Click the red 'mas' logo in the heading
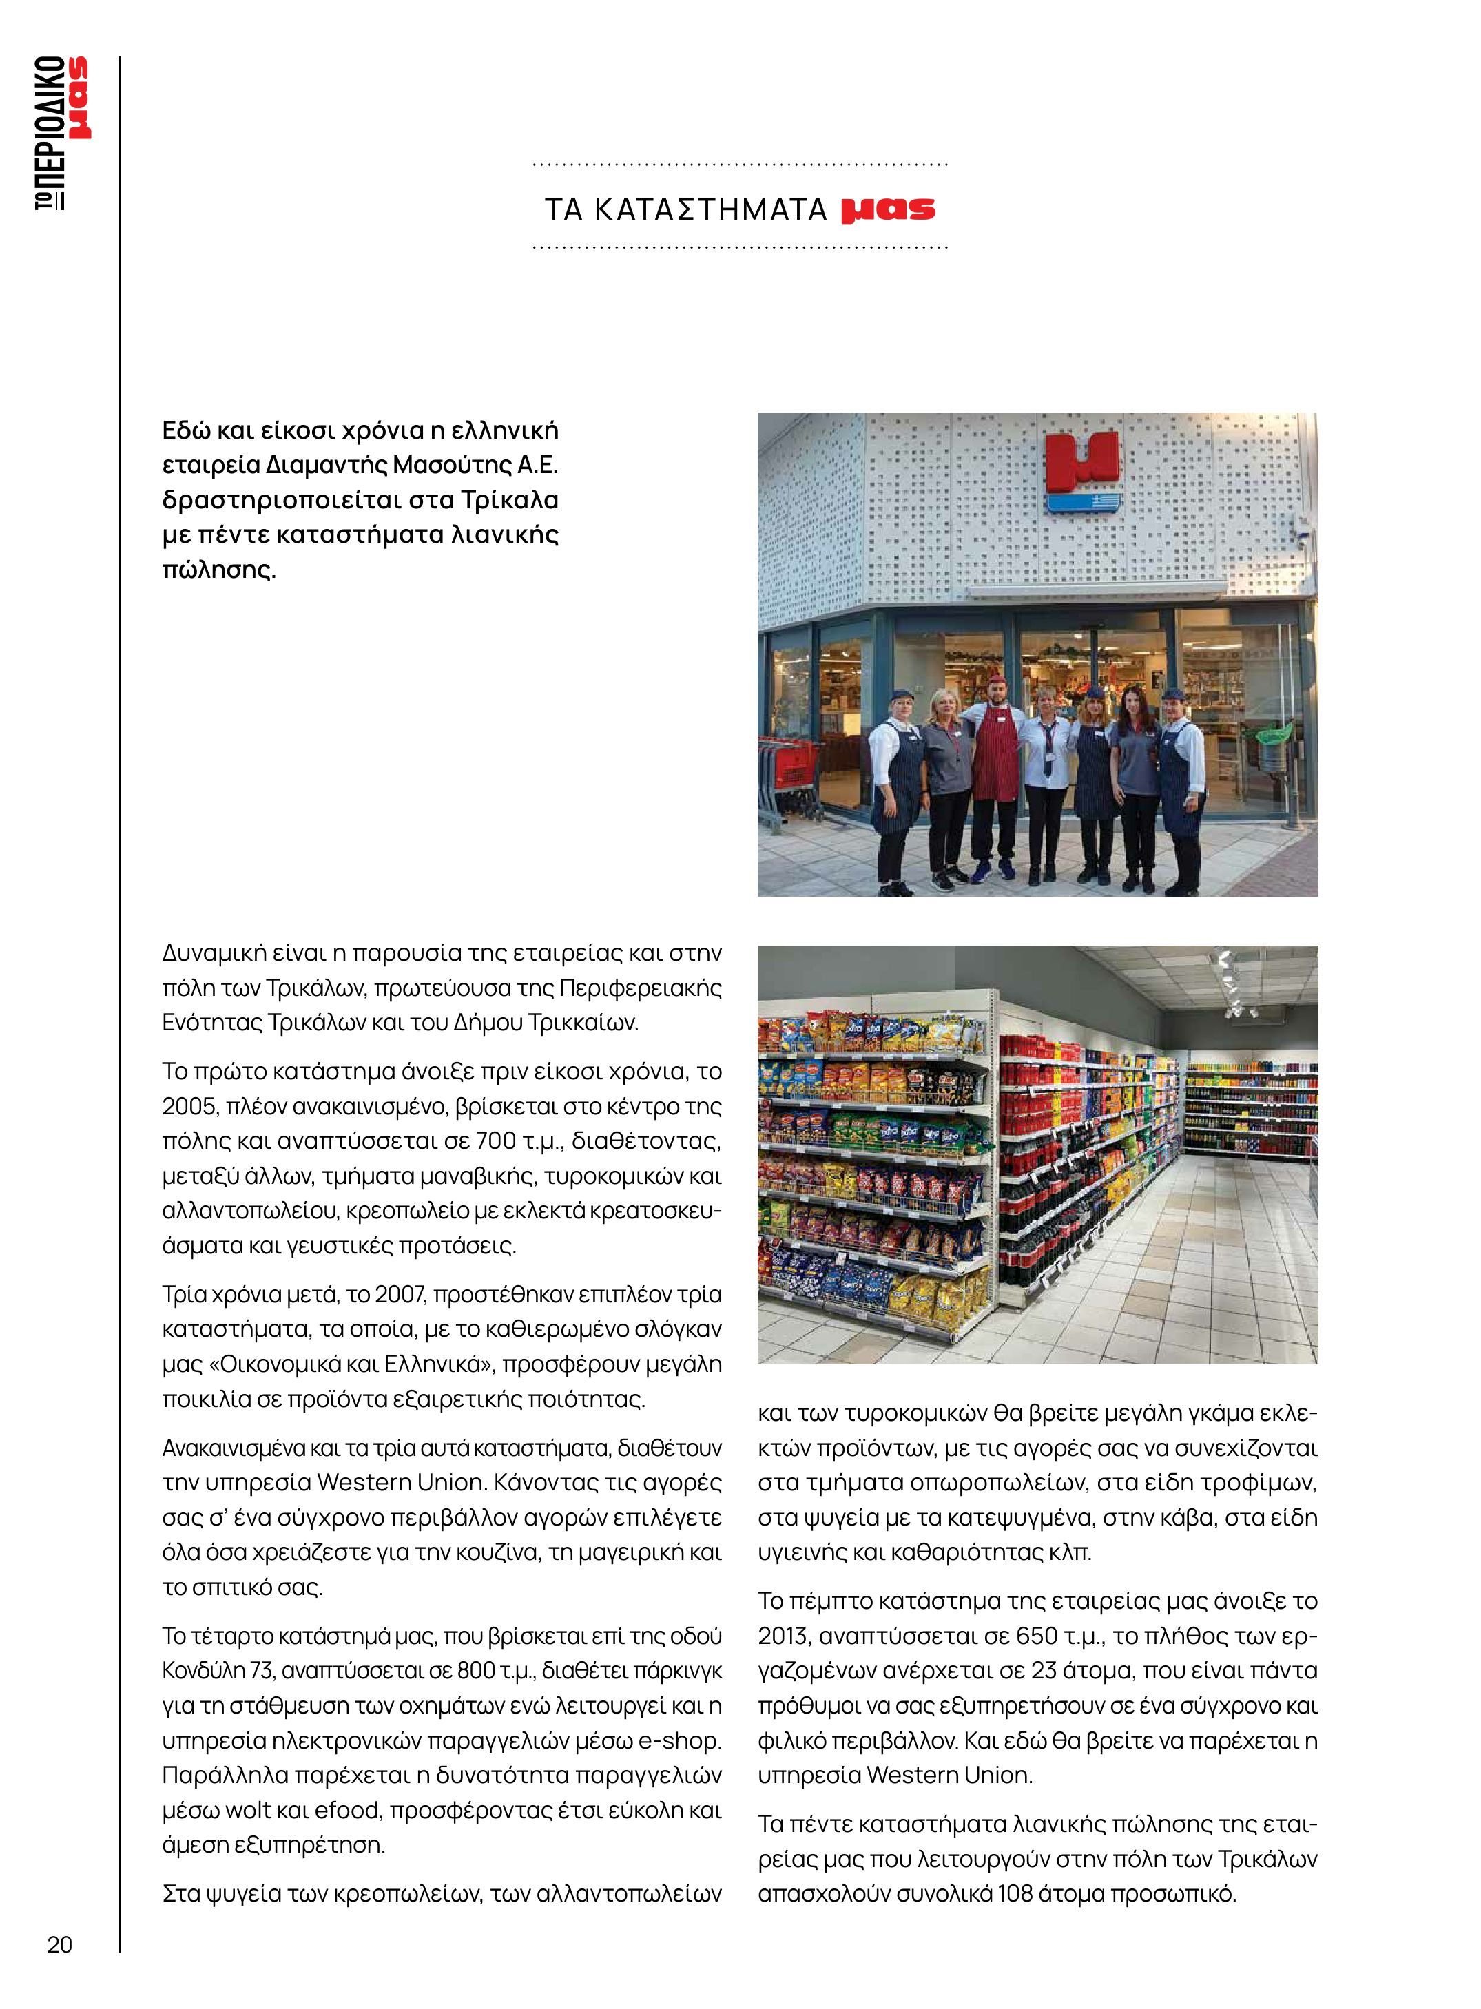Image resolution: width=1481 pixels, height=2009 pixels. [x=887, y=209]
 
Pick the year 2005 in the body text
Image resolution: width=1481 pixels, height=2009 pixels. [x=185, y=1106]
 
